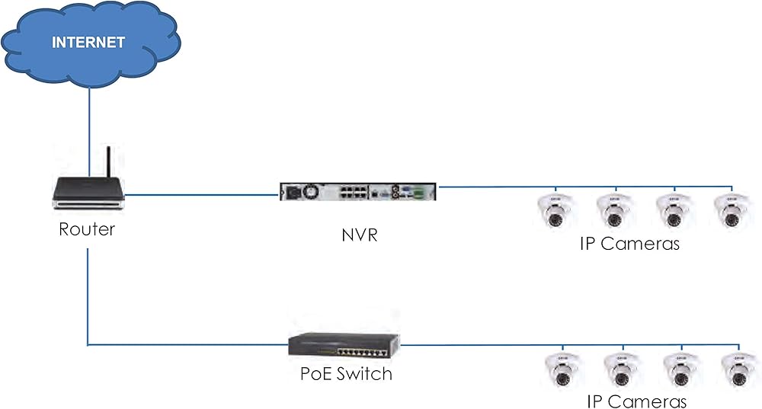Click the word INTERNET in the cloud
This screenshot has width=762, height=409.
pos(88,43)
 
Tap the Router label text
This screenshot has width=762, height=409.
pos(87,228)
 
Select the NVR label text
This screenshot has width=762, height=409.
pos(359,235)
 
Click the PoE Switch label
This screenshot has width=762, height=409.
pos(346,374)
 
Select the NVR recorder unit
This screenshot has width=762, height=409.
pos(358,192)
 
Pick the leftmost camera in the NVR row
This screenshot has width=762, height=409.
pos(555,210)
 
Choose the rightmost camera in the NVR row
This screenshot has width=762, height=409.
pos(729,210)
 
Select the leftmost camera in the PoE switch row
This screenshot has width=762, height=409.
pos(562,370)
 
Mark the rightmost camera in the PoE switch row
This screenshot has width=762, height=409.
pos(737,370)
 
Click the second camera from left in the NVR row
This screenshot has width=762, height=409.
pos(613,210)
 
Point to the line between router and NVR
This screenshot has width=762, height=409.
pos(202,195)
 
